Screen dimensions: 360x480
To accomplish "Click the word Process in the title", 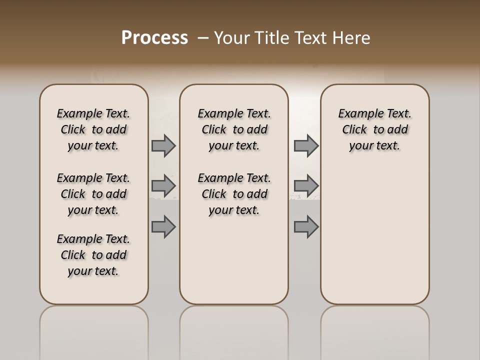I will point(154,38).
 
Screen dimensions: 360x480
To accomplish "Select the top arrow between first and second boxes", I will point(163,145).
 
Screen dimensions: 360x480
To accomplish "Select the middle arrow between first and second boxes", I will point(163,186).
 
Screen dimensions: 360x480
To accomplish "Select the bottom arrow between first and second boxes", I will point(163,226).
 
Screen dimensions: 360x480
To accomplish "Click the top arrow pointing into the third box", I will point(306,145).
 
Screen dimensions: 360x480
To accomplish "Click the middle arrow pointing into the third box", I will point(306,186).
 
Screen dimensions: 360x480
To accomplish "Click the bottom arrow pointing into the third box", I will point(306,226).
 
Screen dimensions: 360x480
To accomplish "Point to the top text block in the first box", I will point(93,129).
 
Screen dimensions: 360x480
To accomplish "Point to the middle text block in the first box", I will point(93,194).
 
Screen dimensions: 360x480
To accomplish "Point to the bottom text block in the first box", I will point(93,255).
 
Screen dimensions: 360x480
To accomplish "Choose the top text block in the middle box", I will point(234,129).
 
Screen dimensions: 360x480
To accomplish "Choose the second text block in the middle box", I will point(234,194).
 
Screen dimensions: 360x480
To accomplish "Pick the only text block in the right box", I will point(374,129).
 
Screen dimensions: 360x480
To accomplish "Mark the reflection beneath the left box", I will point(94,330).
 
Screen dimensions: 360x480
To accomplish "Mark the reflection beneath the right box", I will point(375,330).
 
